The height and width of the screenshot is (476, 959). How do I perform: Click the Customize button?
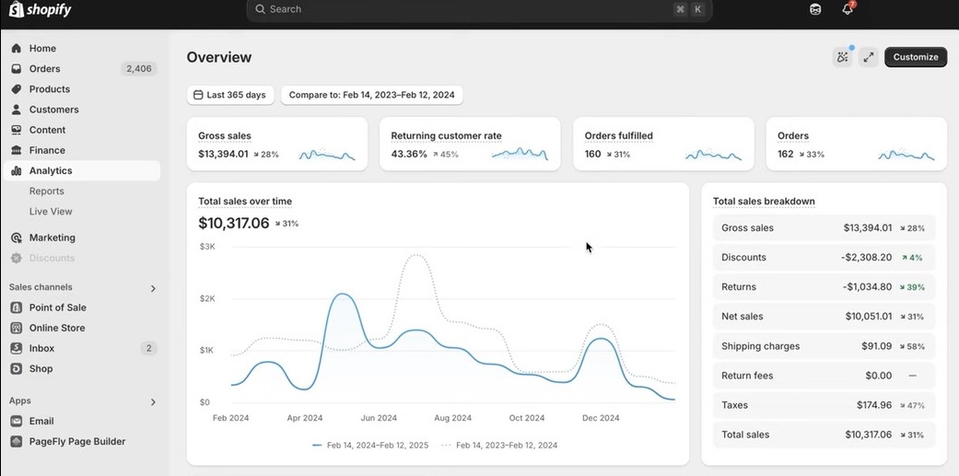[915, 57]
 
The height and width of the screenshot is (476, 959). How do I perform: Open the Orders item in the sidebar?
[44, 69]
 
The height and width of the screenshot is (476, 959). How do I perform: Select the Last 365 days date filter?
[230, 95]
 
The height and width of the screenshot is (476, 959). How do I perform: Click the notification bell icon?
[848, 10]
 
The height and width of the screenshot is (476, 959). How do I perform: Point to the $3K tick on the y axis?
[207, 247]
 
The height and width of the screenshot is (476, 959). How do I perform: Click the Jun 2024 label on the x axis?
[379, 418]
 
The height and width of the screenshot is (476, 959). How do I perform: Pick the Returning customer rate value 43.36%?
[409, 155]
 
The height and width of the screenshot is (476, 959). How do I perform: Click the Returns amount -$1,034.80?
[866, 287]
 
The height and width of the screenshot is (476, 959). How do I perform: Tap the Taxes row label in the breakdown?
[735, 405]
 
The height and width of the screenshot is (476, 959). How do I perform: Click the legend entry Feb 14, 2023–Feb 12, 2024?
[506, 446]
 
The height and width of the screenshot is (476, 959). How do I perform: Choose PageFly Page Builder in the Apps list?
[76, 442]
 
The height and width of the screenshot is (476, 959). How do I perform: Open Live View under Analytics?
[51, 212]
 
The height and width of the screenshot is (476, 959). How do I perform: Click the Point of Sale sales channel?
[57, 308]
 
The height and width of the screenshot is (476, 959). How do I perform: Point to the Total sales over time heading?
[245, 202]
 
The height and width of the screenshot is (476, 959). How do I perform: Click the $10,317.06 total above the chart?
[234, 224]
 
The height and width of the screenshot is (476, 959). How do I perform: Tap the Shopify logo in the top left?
[41, 10]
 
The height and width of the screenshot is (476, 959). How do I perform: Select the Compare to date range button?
[371, 95]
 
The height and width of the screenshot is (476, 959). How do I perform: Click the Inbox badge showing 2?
[148, 349]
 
